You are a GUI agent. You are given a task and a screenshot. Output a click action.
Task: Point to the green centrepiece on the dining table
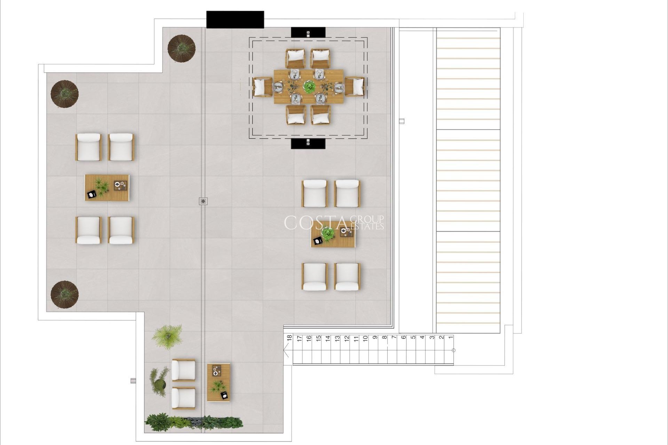pyautogui.click(x=309, y=87)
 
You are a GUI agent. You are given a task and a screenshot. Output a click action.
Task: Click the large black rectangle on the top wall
pyautogui.click(x=235, y=19)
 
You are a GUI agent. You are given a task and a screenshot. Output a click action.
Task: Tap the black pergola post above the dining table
pyautogui.click(x=308, y=32)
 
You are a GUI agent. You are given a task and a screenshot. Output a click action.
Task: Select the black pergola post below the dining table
pyautogui.click(x=308, y=143)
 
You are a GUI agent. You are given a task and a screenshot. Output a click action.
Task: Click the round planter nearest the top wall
pyautogui.click(x=181, y=48)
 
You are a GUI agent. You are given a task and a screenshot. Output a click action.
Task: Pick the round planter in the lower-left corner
pyautogui.click(x=64, y=294)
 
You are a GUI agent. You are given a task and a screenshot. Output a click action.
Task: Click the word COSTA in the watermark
pyautogui.click(x=315, y=223)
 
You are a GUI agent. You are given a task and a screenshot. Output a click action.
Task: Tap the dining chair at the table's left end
pyautogui.click(x=263, y=87)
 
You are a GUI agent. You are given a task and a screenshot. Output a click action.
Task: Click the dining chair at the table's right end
pyautogui.click(x=355, y=87)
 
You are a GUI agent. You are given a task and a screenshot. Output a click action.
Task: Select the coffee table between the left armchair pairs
pyautogui.click(x=107, y=187)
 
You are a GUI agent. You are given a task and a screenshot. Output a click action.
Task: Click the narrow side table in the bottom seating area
pyautogui.click(x=218, y=382)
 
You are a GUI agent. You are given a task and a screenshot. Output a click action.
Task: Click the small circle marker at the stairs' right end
pyautogui.click(x=453, y=350)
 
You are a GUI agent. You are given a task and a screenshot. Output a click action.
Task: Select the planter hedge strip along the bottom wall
pyautogui.click(x=193, y=422)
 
